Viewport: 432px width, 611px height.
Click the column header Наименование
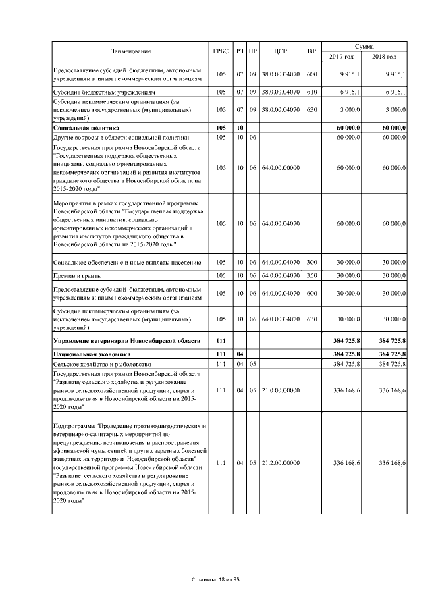(x=131, y=51)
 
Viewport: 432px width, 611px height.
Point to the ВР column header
(x=311, y=51)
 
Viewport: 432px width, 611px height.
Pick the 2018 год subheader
(x=385, y=56)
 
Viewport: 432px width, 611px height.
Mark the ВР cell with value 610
(x=311, y=91)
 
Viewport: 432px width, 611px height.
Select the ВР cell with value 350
(x=311, y=276)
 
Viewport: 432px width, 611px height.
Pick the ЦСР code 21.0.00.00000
(x=280, y=390)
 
